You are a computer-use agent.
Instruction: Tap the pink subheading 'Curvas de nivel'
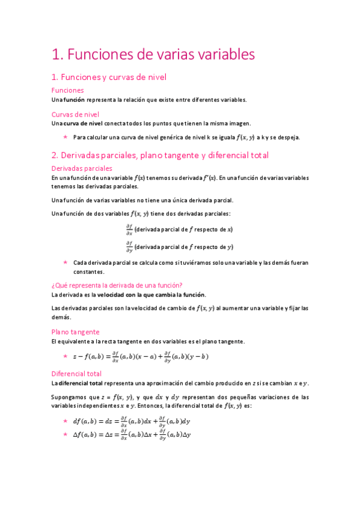[75, 114]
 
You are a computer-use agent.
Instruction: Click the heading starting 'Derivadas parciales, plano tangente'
[160, 155]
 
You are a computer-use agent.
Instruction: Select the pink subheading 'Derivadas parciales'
[82, 168]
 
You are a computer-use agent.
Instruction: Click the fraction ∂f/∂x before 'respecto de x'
[129, 229]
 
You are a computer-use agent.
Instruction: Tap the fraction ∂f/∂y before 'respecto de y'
[129, 247]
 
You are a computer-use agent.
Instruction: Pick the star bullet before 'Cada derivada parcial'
[65, 262]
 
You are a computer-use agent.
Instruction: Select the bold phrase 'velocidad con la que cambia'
[132, 295]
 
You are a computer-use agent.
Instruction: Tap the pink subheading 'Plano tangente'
[75, 331]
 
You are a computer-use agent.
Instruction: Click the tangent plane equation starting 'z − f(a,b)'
[141, 356]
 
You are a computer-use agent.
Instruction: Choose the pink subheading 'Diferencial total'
[76, 373]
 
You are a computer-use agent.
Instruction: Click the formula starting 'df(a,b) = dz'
[131, 421]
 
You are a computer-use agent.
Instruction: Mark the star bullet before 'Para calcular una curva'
[65, 137]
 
